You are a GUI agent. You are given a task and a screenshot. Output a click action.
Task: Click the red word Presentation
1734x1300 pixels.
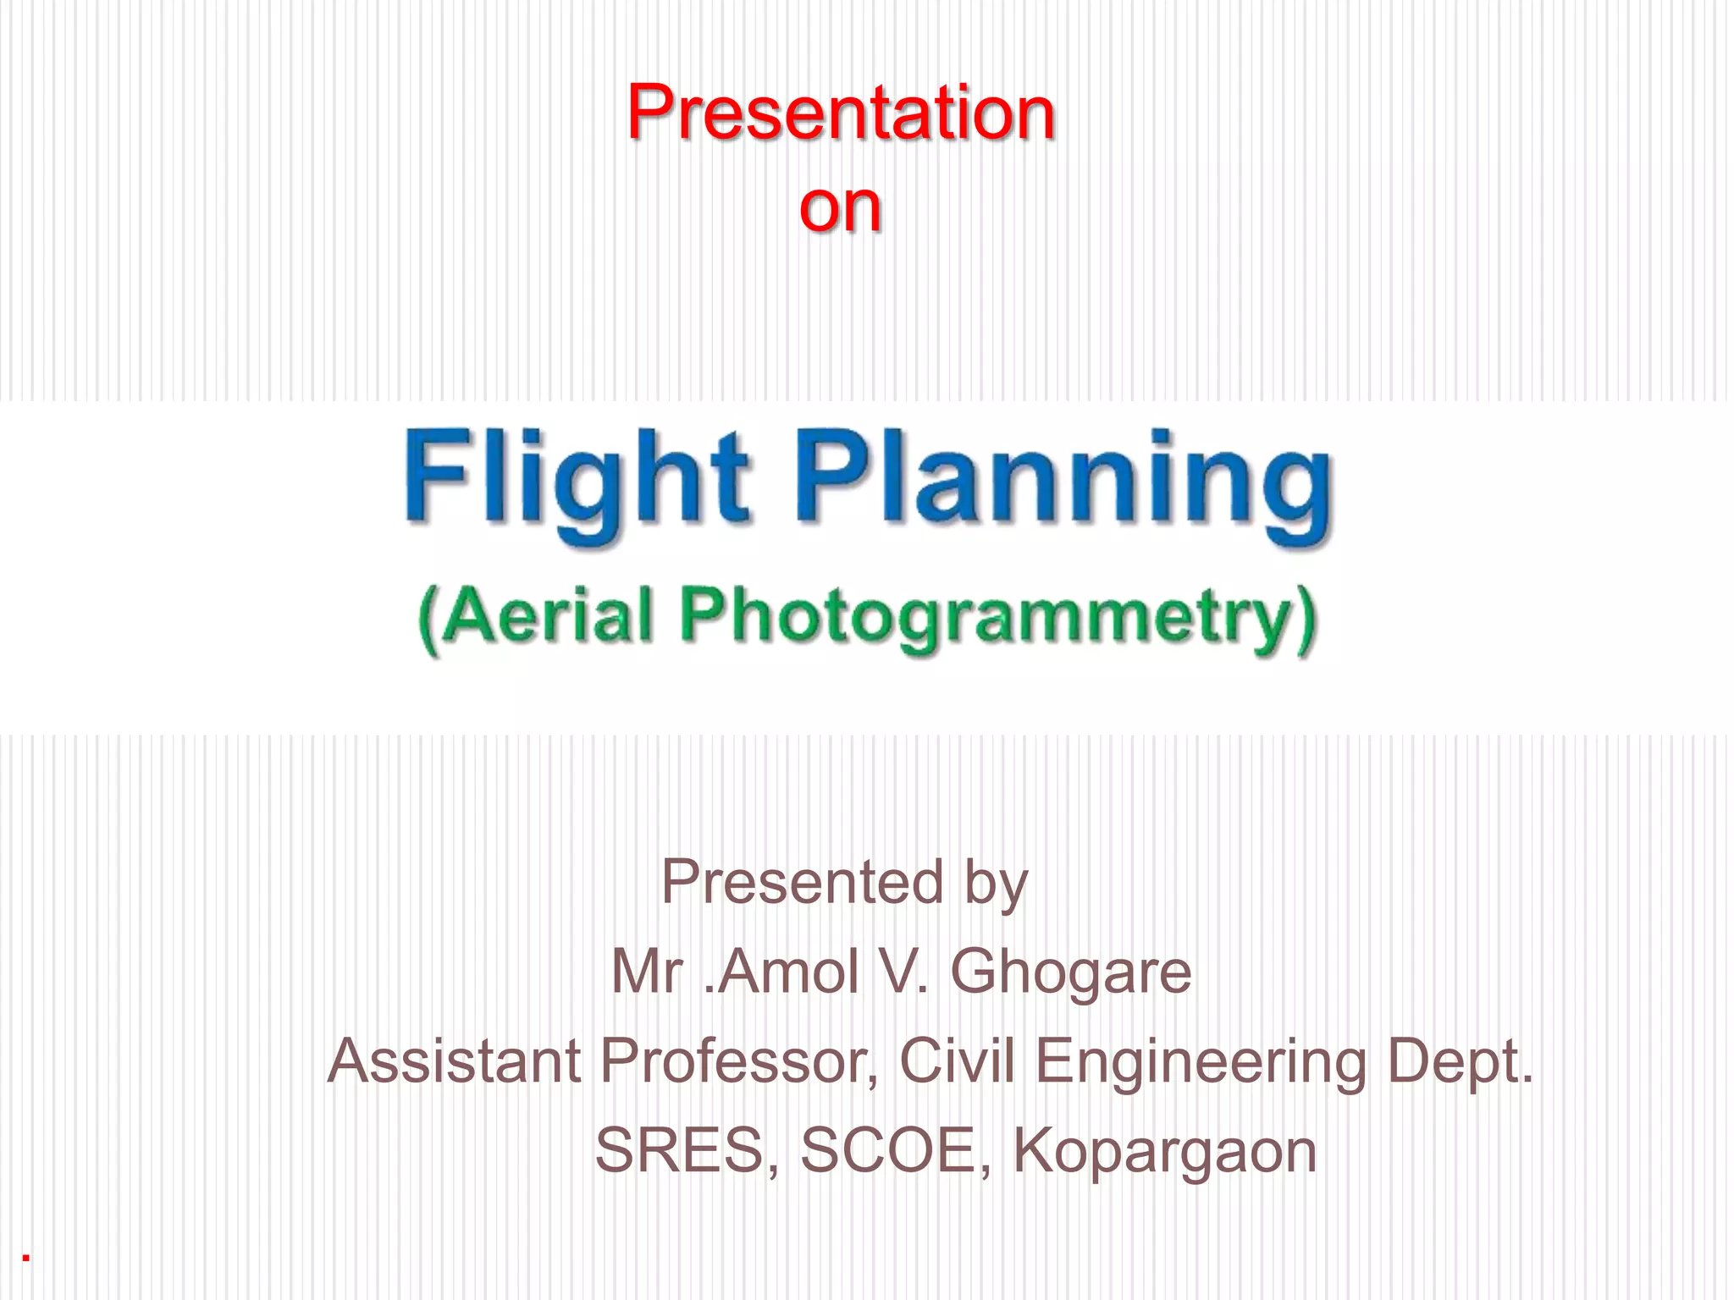coord(841,113)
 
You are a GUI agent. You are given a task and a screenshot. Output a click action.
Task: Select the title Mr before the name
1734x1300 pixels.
coord(647,972)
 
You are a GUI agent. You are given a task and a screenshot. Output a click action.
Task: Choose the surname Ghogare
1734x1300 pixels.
coord(1070,973)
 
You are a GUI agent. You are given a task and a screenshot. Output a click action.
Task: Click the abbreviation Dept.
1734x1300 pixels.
coord(1460,1063)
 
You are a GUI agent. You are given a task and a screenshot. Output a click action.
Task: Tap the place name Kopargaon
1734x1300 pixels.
coord(1165,1153)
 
